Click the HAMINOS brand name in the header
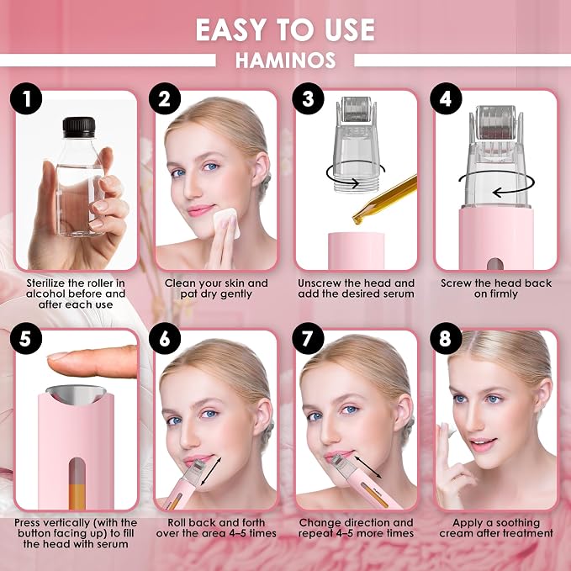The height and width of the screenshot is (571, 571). (285, 61)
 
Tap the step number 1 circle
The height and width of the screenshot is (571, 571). (26, 98)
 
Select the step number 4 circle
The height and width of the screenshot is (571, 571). (446, 98)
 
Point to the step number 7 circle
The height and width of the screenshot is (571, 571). (308, 338)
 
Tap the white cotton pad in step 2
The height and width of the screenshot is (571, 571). (226, 222)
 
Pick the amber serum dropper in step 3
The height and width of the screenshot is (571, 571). (385, 199)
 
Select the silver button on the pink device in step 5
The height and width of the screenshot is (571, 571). (77, 394)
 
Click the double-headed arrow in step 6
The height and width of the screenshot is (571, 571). (211, 471)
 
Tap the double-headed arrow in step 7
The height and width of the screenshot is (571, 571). (367, 467)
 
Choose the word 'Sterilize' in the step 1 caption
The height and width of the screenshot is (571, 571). (45, 283)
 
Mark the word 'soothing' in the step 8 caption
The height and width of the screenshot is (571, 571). (518, 522)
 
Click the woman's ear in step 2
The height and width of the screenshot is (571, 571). (260, 170)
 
